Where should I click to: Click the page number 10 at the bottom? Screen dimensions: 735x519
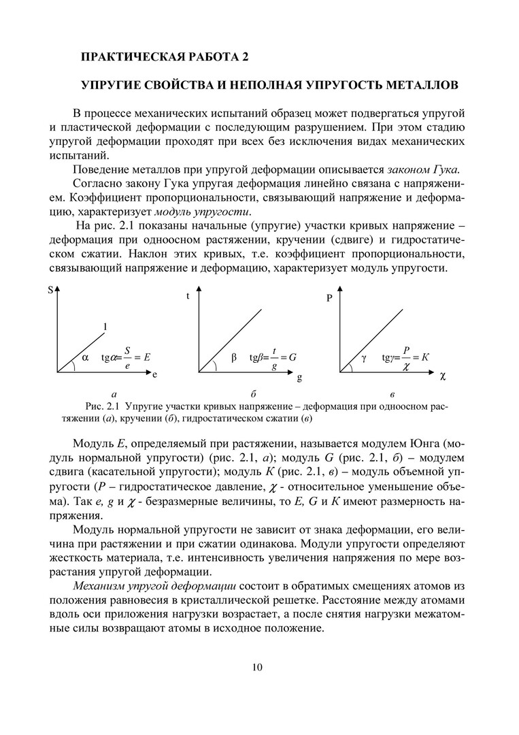[x=256, y=667]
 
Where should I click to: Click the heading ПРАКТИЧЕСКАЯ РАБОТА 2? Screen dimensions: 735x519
[x=165, y=56]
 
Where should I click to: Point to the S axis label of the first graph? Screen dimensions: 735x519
[x=50, y=291]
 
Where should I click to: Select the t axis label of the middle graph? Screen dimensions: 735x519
[x=188, y=297]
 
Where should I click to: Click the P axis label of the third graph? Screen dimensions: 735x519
[x=330, y=297]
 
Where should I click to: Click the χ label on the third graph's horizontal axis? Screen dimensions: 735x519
[x=442, y=375]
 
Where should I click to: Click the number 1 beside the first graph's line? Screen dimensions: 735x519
[x=105, y=326]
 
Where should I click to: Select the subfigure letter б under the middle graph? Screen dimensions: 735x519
[x=252, y=394]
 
